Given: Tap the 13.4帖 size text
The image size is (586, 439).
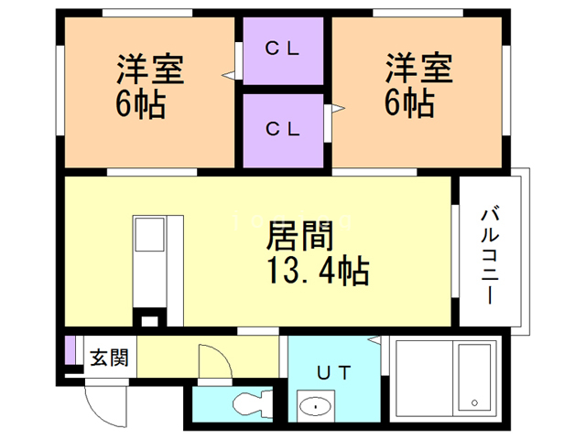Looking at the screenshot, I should [x=317, y=271].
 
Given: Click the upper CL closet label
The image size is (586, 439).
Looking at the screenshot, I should [x=283, y=49].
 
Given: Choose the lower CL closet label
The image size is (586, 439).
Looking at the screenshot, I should [x=283, y=129].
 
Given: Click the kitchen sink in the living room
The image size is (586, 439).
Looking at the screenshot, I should [x=149, y=235].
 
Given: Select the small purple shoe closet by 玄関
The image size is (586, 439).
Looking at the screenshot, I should [x=70, y=351].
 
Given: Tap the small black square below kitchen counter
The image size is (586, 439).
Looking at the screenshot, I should [x=148, y=320].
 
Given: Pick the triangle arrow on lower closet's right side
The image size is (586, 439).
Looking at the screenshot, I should [x=337, y=110].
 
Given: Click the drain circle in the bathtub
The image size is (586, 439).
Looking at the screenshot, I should [x=473, y=402].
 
